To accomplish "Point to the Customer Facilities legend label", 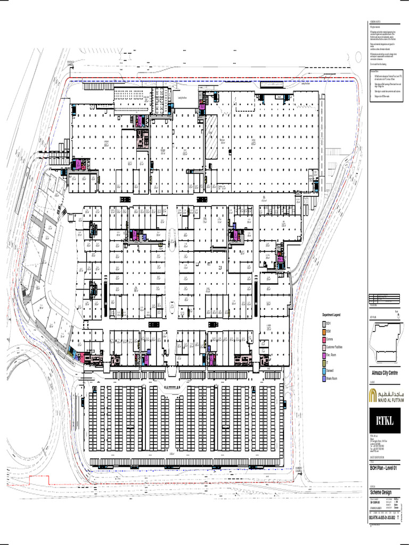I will (334, 347).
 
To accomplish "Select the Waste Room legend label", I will (332, 379).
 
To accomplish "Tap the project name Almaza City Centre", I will (385, 373).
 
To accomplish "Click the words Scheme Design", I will (381, 492).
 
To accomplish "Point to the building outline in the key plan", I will (383, 341).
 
